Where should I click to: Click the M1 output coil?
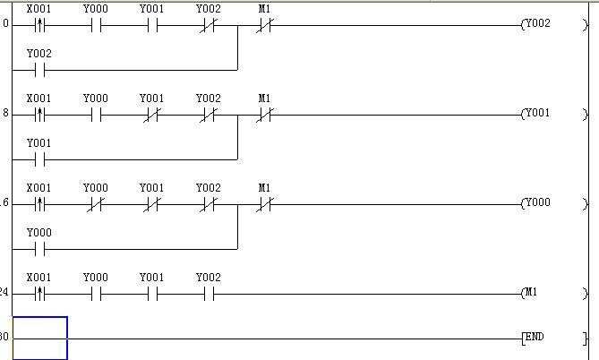pyautogui.click(x=534, y=293)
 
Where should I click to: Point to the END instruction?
pyautogui.click(x=534, y=338)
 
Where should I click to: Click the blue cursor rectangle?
pyautogui.click(x=39, y=338)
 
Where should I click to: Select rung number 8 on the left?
pyautogui.click(x=5, y=115)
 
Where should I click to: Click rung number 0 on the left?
pyautogui.click(x=5, y=25)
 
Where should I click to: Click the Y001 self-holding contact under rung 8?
pyautogui.click(x=39, y=159)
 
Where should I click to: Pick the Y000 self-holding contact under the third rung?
pyautogui.click(x=39, y=248)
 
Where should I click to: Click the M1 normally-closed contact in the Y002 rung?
pyautogui.click(x=264, y=25)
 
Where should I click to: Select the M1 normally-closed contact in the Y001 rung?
pyautogui.click(x=264, y=115)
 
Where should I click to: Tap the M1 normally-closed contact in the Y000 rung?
pyautogui.click(x=264, y=203)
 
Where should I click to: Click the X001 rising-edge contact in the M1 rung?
pyautogui.click(x=39, y=293)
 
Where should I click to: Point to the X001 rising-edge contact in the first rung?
pyautogui.click(x=39, y=25)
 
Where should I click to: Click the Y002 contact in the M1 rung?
pyautogui.click(x=208, y=293)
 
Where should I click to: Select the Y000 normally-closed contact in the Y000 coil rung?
pyautogui.click(x=96, y=203)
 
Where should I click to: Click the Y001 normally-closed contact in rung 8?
pyautogui.click(x=152, y=115)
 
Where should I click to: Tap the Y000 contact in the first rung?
pyautogui.click(x=96, y=25)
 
